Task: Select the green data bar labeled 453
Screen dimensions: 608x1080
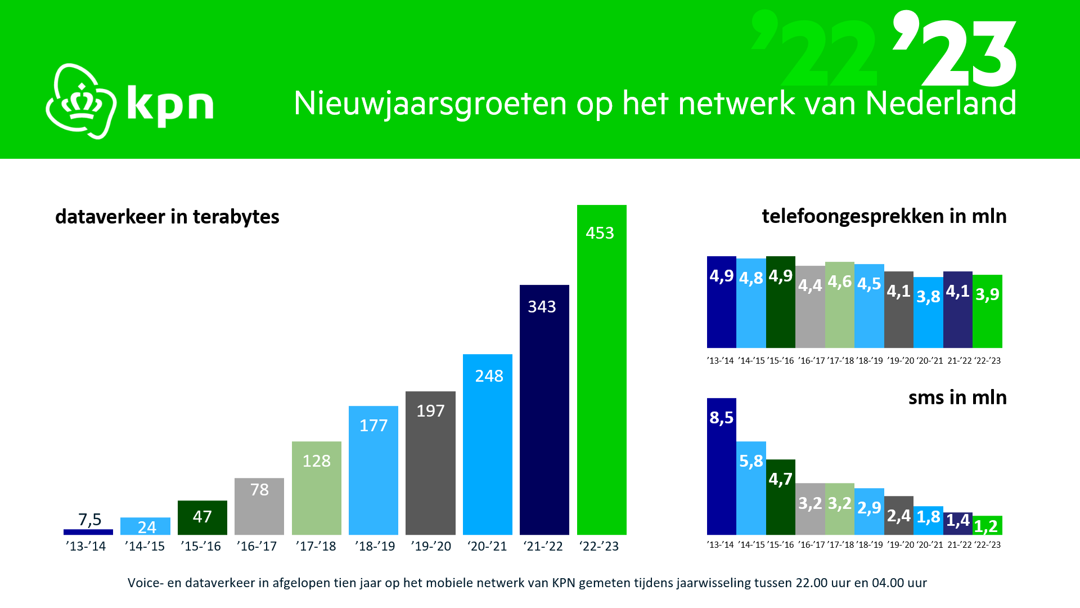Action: [601, 372]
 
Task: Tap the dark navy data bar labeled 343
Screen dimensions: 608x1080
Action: [544, 411]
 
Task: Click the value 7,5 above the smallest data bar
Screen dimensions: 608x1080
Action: [90, 519]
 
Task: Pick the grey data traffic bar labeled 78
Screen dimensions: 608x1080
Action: [259, 507]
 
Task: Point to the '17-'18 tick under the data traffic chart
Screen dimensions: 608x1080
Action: [316, 546]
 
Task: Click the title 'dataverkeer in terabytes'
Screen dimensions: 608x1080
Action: [167, 217]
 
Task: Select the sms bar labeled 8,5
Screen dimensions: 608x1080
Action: [721, 467]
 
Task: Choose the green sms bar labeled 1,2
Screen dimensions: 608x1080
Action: [987, 526]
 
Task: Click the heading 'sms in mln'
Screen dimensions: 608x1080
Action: [957, 397]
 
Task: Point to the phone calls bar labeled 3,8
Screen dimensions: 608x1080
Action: [928, 312]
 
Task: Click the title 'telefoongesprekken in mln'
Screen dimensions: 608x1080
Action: [884, 216]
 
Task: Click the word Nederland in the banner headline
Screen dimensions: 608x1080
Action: [940, 104]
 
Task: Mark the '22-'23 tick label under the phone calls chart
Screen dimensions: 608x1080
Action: [988, 361]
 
